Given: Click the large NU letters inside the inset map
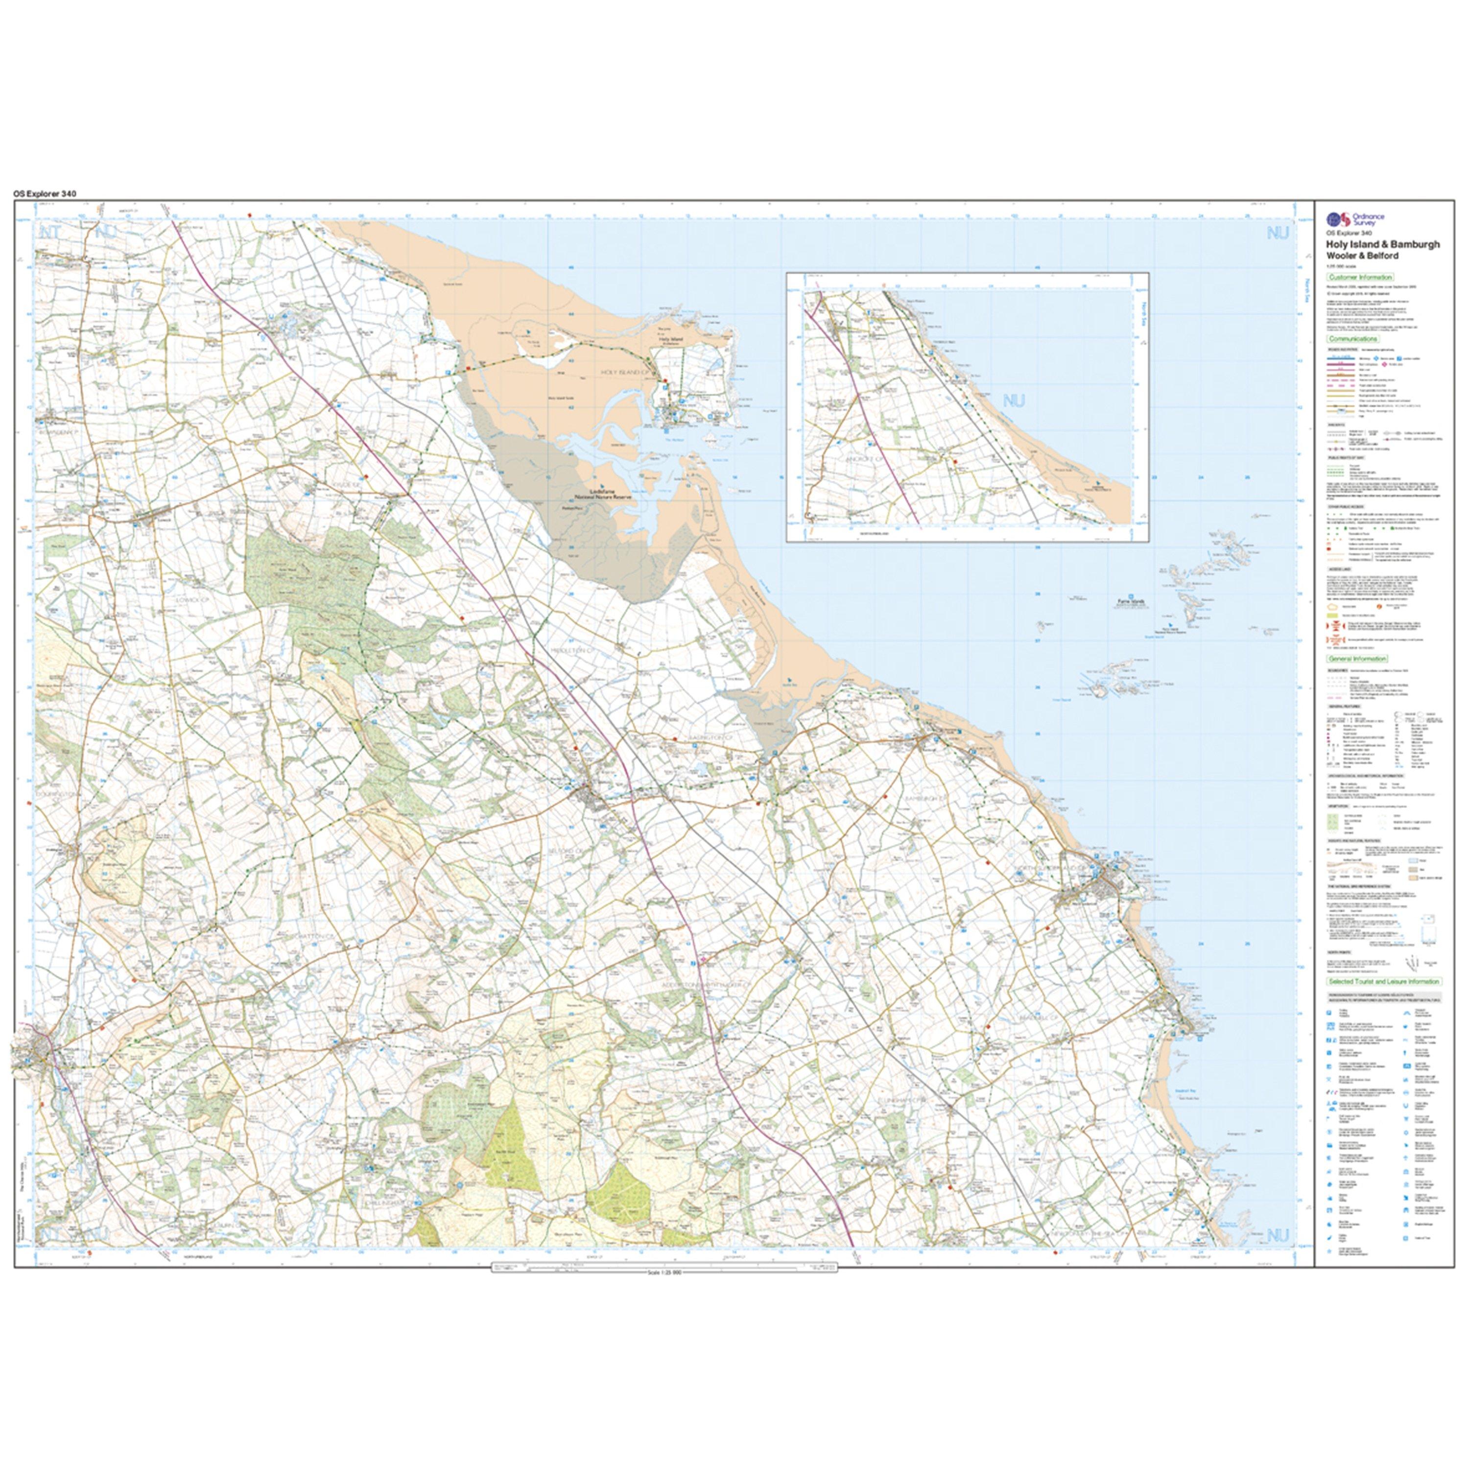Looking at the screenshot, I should click(1014, 401).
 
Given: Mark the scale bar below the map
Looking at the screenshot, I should click(664, 1269).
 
